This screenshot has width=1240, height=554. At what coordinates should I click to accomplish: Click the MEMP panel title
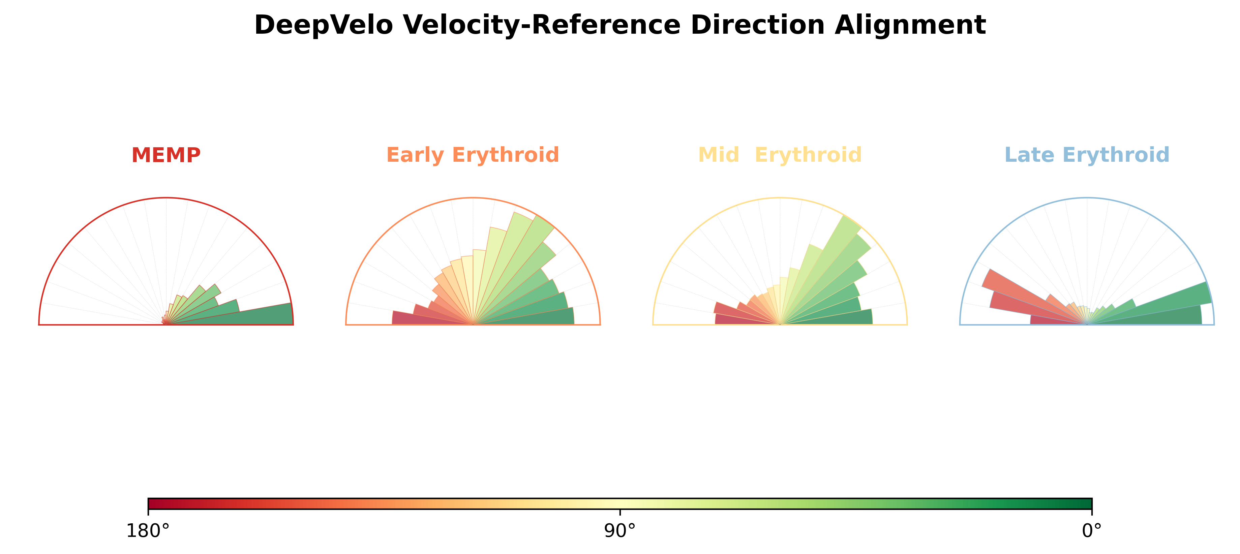pos(166,155)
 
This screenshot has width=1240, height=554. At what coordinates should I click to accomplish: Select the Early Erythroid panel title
pos(473,155)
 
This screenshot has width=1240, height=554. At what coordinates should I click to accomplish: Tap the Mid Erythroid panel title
pos(780,155)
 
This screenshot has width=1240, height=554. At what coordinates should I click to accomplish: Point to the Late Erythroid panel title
pos(1087,155)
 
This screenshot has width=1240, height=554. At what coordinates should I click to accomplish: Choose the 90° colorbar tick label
pos(620,531)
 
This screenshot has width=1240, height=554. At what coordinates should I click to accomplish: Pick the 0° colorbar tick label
pos(1092,531)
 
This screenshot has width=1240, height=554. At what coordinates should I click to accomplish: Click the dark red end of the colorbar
pos(150,503)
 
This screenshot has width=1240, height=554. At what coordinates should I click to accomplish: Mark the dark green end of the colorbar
pos(1089,503)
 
